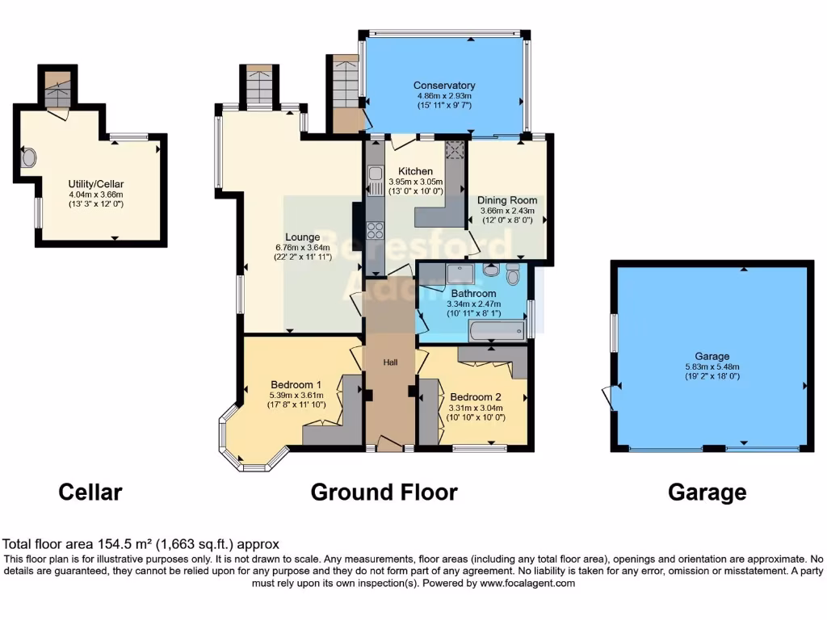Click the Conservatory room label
(443, 86)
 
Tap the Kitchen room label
(410, 171)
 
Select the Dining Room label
(506, 200)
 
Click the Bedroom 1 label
(296, 383)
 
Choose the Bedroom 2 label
(476, 397)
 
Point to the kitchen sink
(375, 174)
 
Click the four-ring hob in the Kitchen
(376, 230)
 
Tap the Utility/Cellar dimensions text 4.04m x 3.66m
(95, 195)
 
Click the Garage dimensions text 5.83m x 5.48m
(712, 367)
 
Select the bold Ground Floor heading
(384, 492)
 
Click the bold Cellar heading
(90, 492)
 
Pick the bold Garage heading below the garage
(707, 492)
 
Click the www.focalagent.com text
(527, 583)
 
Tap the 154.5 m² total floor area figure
(118, 544)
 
